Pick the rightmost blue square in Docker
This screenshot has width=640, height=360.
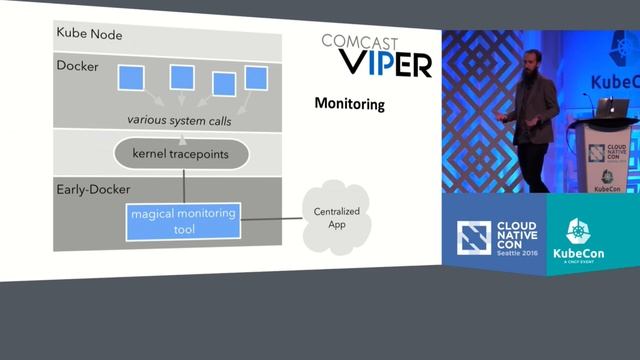256,78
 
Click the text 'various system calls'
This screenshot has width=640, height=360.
180,121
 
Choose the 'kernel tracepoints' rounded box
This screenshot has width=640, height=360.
181,155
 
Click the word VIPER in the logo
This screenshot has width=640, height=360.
384,63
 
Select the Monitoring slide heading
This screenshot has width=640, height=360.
349,103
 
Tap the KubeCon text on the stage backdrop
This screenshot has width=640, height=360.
612,81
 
